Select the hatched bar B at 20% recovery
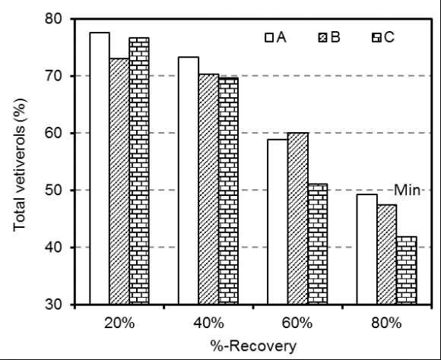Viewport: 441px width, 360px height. point(119,182)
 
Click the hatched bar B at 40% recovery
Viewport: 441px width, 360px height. point(208,189)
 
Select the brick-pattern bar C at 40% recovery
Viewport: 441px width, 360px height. point(227,191)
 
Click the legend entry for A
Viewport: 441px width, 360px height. point(275,37)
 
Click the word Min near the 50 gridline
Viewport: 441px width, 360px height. point(406,190)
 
